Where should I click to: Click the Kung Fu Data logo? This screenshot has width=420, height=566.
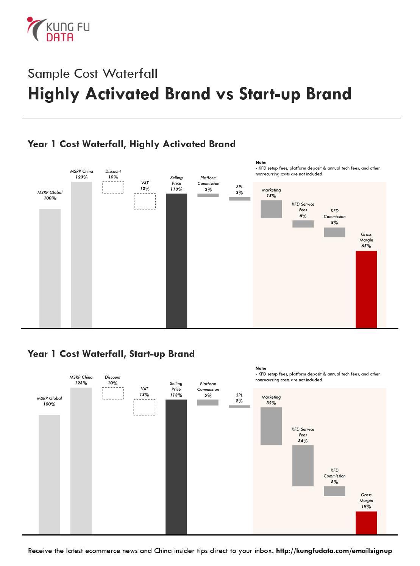point(58,29)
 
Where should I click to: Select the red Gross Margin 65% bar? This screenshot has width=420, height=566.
point(366,289)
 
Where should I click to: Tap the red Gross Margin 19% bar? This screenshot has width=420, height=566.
point(366,523)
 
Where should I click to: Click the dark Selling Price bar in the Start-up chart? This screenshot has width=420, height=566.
point(176,467)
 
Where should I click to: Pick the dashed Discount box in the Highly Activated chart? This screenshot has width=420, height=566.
point(113,187)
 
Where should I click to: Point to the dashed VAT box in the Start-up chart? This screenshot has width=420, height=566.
point(144,407)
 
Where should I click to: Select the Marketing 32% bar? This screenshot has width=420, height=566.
point(271,426)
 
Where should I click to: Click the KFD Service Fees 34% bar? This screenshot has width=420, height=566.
point(303,466)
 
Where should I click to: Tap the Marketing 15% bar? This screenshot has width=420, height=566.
point(271,209)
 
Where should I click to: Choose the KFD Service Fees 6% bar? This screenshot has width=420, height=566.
point(303,224)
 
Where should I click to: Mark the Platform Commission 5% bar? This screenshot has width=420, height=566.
point(208,402)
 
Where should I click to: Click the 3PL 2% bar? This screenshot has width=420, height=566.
point(239,407)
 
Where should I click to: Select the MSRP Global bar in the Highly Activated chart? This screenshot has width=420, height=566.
point(50,269)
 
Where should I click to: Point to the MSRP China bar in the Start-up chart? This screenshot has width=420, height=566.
point(81,461)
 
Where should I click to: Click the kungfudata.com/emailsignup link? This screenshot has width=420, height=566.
point(334,551)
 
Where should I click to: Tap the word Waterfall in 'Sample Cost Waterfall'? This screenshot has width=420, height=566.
point(130,74)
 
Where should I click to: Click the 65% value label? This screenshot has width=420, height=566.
point(366,246)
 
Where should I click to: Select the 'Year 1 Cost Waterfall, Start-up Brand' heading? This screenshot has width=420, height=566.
point(111,354)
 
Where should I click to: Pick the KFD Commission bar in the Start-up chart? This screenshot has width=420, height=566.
point(334,491)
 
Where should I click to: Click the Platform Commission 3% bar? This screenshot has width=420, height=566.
point(208,195)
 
